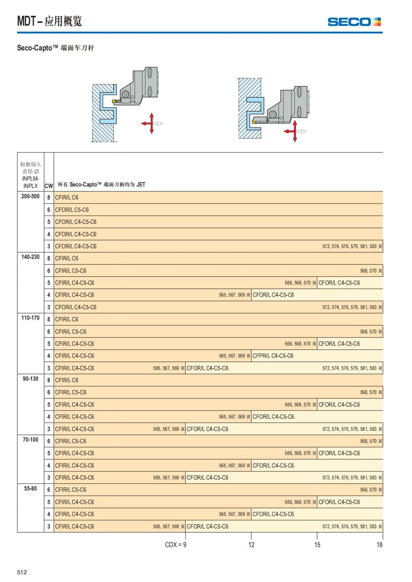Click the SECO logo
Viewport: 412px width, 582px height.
tap(354, 22)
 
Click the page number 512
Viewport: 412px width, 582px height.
tap(22, 572)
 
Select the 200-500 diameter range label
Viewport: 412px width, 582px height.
tap(31, 197)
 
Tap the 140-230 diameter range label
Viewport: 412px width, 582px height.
tap(31, 257)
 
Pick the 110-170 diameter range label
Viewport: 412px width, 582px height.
tap(31, 318)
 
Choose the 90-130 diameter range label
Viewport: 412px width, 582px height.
tap(31, 379)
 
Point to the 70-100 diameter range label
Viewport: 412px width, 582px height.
tap(31, 440)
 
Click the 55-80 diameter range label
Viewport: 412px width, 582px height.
tap(31, 488)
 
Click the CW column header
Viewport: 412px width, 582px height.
tap(49, 186)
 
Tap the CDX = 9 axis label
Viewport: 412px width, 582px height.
tap(175, 545)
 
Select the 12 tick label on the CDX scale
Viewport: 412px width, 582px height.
tap(251, 545)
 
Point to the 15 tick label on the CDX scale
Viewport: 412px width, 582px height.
tap(317, 545)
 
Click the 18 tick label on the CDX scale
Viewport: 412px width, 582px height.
tap(379, 545)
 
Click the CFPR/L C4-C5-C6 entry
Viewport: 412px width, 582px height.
tap(273, 356)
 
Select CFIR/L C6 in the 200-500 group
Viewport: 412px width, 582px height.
tap(67, 198)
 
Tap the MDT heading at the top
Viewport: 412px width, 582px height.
tap(49, 21)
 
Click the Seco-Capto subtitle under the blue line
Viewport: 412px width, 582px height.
tap(56, 48)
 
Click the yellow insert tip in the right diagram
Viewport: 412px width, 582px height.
tap(254, 122)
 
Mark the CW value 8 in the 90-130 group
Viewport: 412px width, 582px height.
tap(49, 380)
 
